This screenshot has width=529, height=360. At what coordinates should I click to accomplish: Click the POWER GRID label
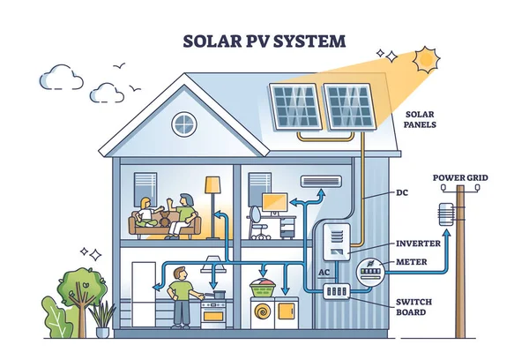(x=460, y=177)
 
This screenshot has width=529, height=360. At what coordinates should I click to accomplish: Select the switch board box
(x=337, y=291)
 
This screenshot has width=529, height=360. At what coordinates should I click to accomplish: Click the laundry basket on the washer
(x=263, y=287)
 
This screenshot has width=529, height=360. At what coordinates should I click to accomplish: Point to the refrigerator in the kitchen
(x=140, y=291)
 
